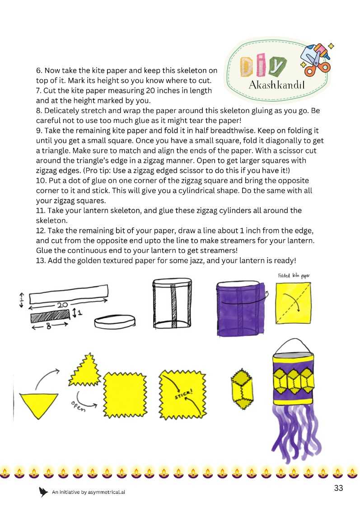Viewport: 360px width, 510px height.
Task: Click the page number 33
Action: pyautogui.click(x=339, y=488)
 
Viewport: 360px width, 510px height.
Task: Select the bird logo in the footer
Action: pyautogui.click(x=44, y=492)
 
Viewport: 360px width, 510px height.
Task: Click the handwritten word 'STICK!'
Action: pyautogui.click(x=183, y=393)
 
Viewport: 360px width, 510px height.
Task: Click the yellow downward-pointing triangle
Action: pyautogui.click(x=39, y=404)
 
